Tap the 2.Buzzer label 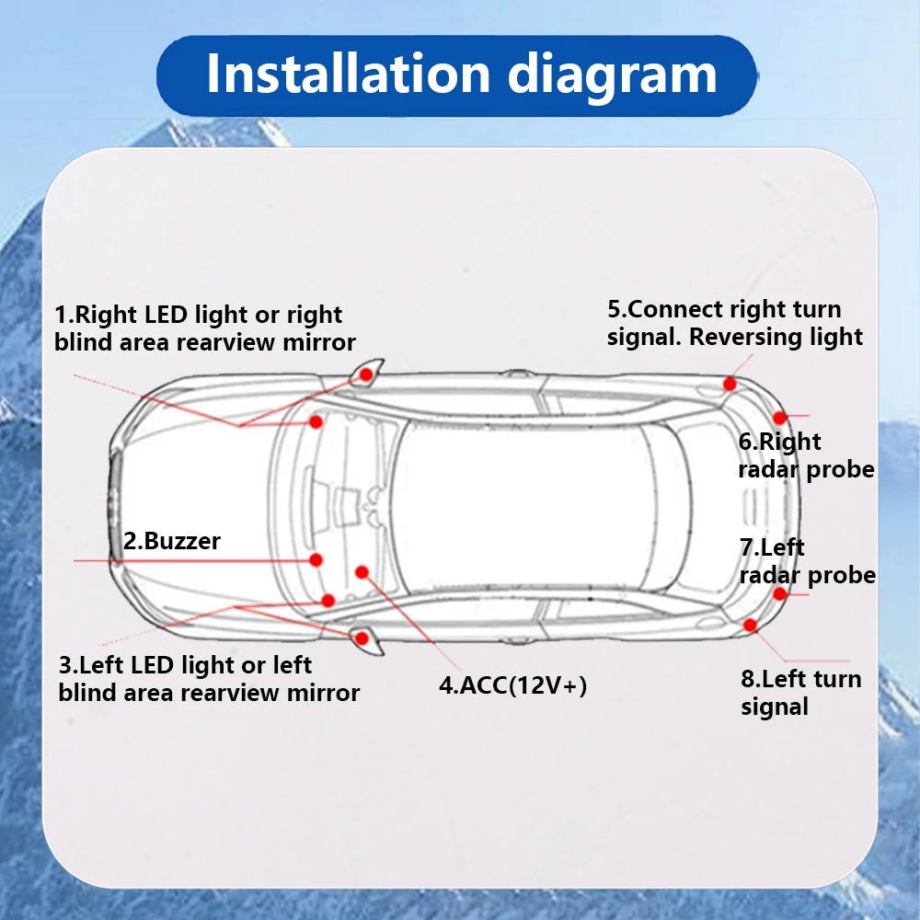pos(171,541)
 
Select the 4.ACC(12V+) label pos(512,685)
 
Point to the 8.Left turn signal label pos(799,693)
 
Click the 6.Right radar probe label pos(805,456)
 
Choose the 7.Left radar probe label pos(807,561)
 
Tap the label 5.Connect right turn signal pos(734,323)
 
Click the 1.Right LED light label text pos(204,328)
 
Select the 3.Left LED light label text pos(208,679)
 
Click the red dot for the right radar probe pos(780,418)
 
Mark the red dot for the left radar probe pos(780,592)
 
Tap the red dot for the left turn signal pos(750,626)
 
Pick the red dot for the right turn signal pos(730,384)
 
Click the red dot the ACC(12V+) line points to pos(362,571)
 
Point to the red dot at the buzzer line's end pos(316,559)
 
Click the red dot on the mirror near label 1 pos(366,374)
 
